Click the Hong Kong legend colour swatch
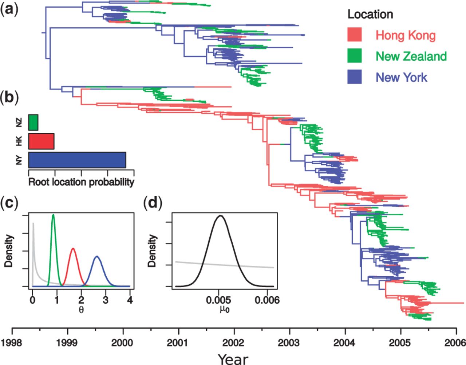click(x=354, y=35)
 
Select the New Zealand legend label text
click(x=411, y=56)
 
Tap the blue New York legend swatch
click(x=354, y=77)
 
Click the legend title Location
click(x=370, y=14)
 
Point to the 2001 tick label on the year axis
click(x=177, y=343)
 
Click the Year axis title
click(x=233, y=359)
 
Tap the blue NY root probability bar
click(x=77, y=160)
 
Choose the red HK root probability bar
click(x=41, y=141)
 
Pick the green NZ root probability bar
click(x=33, y=123)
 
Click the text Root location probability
click(x=81, y=182)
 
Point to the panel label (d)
click(x=153, y=203)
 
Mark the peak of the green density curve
click(x=54, y=215)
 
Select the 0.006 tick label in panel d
click(x=267, y=300)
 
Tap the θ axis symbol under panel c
click(x=81, y=310)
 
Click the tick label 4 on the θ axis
click(x=130, y=300)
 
